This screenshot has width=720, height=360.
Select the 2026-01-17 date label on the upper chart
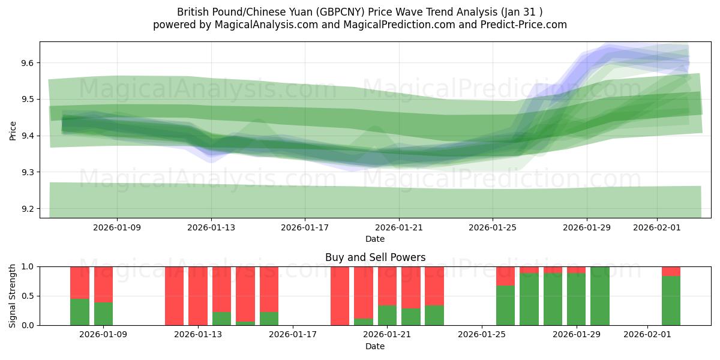(305, 227)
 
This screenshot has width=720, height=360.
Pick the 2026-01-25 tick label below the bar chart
(482, 335)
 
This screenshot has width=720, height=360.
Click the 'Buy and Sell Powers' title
(375, 257)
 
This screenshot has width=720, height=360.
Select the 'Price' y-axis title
(13, 130)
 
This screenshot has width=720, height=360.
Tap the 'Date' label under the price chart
(375, 239)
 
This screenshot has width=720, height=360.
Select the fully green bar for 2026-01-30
(600, 296)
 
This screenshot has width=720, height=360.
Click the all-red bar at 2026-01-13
(198, 296)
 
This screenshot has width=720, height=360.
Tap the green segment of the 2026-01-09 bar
(103, 314)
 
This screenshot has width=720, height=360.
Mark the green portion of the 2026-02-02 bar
(671, 301)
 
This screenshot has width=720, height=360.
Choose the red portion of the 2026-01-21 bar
(387, 286)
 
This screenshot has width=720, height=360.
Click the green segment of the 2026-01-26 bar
(505, 305)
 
